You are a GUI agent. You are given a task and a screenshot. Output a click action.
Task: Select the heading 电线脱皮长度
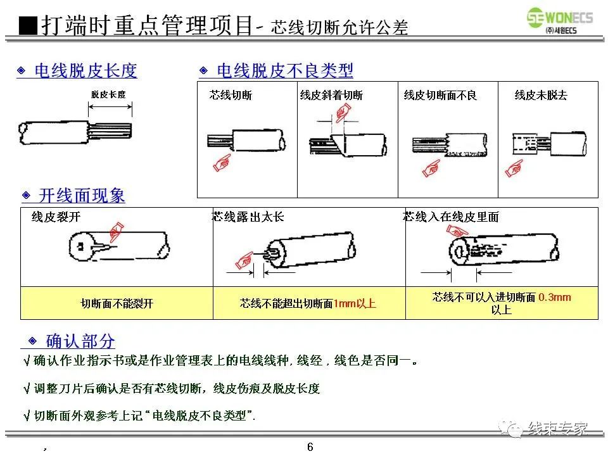[x=85, y=71]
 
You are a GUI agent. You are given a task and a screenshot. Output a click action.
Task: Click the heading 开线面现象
[x=82, y=196]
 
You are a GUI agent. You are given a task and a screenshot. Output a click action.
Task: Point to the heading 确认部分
[x=80, y=341]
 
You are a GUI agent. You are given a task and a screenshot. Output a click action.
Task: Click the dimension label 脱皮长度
[x=108, y=94]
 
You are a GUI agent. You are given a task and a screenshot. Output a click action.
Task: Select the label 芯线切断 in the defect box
[x=231, y=96]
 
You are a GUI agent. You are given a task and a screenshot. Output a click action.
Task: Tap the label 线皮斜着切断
[x=331, y=96]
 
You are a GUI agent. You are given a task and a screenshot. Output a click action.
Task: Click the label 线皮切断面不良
[x=440, y=96]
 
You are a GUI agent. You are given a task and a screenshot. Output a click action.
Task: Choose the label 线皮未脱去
[x=541, y=96]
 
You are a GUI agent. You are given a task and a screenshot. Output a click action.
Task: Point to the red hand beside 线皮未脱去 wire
[x=514, y=168]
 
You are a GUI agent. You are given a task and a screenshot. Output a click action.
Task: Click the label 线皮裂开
[x=56, y=217]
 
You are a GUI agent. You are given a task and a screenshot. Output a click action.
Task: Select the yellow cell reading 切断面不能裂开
[x=117, y=303]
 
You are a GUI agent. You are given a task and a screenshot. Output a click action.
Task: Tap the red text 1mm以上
[x=355, y=303]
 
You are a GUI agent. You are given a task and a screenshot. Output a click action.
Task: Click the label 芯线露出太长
[x=248, y=217]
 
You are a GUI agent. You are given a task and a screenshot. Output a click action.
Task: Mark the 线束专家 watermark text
[x=557, y=428]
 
